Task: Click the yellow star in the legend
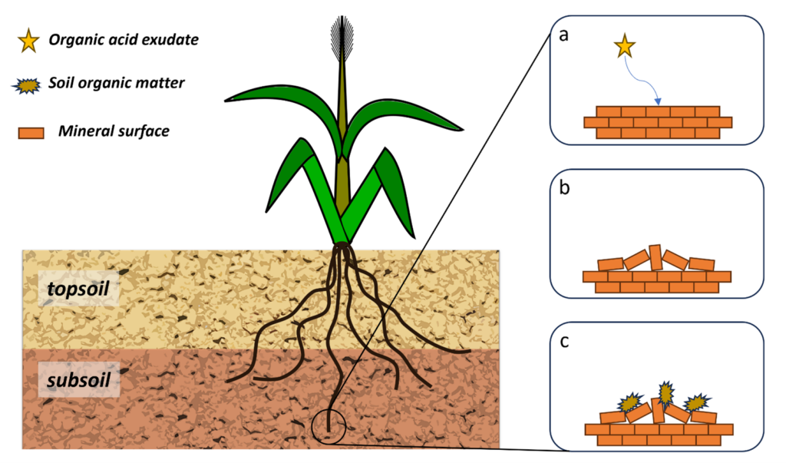click(x=28, y=41)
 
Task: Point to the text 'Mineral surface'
click(x=114, y=131)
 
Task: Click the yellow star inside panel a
click(x=625, y=48)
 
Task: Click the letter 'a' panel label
click(x=564, y=35)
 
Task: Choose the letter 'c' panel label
click(x=564, y=342)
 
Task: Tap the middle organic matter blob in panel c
click(x=665, y=393)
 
